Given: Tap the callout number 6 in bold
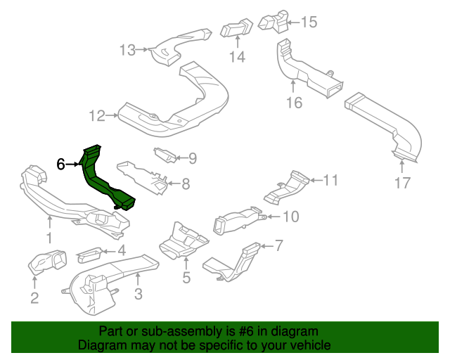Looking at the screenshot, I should (61, 164).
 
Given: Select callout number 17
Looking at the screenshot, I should (401, 185).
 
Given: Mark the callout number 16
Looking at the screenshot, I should (294, 103).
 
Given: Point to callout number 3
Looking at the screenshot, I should (138, 294).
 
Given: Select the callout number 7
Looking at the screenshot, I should (278, 245).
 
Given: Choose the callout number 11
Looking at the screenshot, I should (330, 181).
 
